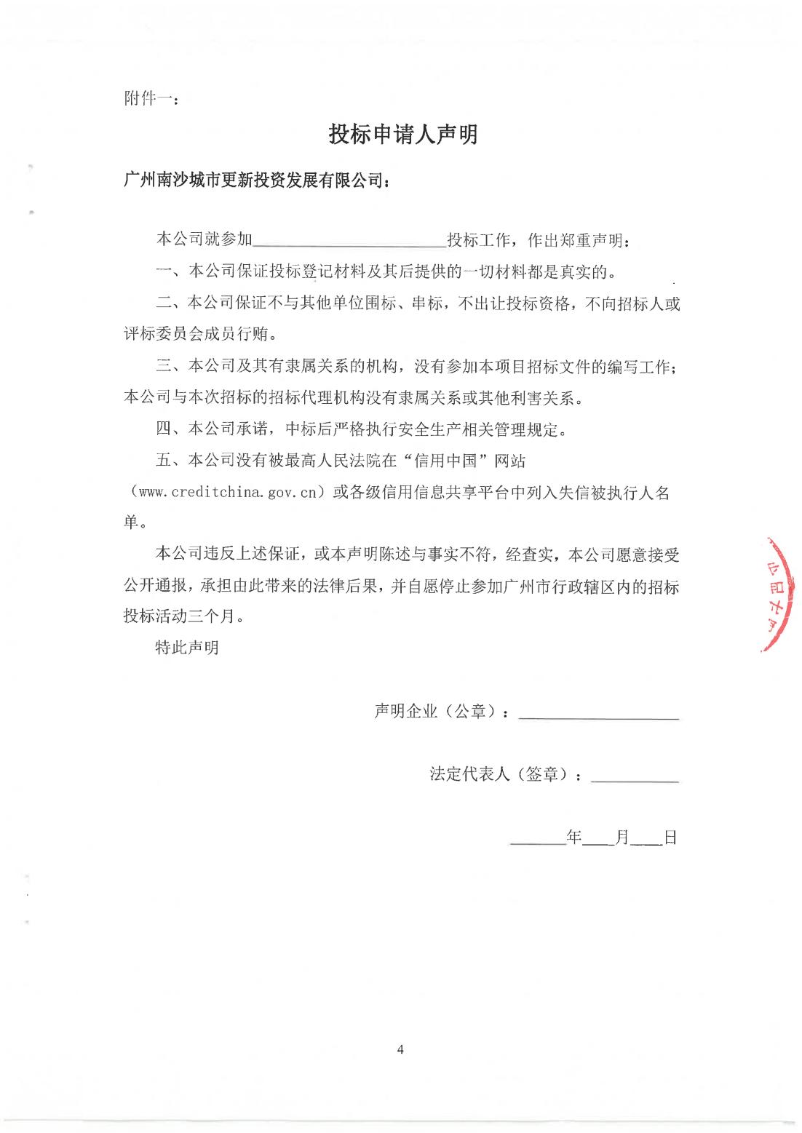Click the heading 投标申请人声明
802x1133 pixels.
(402, 135)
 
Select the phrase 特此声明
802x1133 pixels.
(187, 647)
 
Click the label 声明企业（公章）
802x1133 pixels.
(440, 711)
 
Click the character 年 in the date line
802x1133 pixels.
(575, 837)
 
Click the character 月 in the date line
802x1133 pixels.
(622, 837)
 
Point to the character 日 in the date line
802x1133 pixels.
(670, 837)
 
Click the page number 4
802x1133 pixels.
(400, 1049)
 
